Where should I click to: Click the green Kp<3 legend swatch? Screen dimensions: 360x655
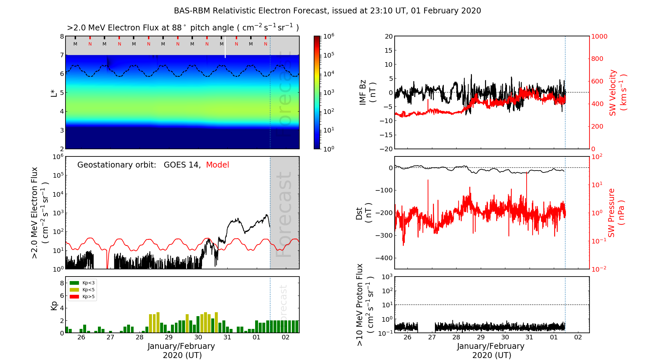tap(74, 283)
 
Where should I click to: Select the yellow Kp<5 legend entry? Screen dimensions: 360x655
tap(74, 290)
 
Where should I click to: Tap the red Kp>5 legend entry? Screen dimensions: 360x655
tap(74, 297)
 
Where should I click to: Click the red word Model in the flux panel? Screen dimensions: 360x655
tap(217, 165)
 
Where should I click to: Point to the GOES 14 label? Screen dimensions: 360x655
tap(182, 165)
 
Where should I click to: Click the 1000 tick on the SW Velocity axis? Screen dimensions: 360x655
tap(599, 36)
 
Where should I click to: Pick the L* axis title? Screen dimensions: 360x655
tap(54, 92)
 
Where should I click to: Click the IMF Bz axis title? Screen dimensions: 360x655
tap(367, 92)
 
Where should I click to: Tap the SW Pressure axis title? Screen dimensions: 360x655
tap(616, 213)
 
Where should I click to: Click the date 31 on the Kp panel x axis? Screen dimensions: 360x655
tap(227, 337)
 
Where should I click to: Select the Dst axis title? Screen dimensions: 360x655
tap(364, 213)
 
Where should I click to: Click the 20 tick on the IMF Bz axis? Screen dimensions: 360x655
tap(388, 36)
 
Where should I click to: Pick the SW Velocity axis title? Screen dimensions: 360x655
tap(618, 92)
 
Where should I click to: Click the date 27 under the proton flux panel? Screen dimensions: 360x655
tap(432, 337)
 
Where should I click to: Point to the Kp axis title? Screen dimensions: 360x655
tap(54, 305)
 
